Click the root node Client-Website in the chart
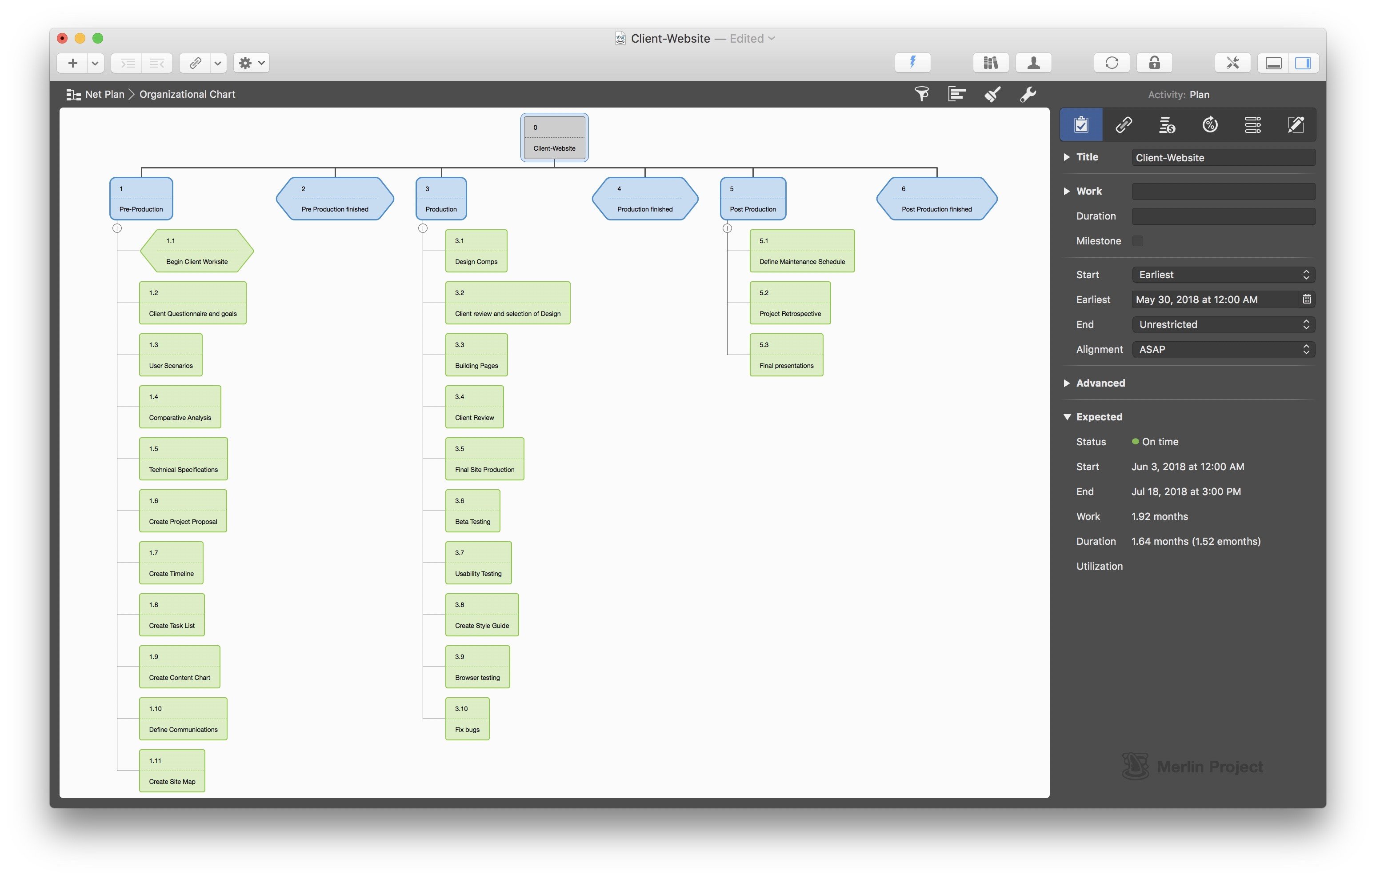[554, 138]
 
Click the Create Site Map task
[172, 771]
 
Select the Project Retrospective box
[790, 303]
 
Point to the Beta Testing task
[472, 511]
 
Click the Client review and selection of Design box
[508, 303]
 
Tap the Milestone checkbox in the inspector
[1138, 240]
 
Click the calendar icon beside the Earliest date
[1307, 299]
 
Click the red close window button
[63, 38]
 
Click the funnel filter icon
[922, 94]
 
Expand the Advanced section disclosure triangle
[1067, 383]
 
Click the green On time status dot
[1136, 442]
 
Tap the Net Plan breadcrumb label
[104, 94]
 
